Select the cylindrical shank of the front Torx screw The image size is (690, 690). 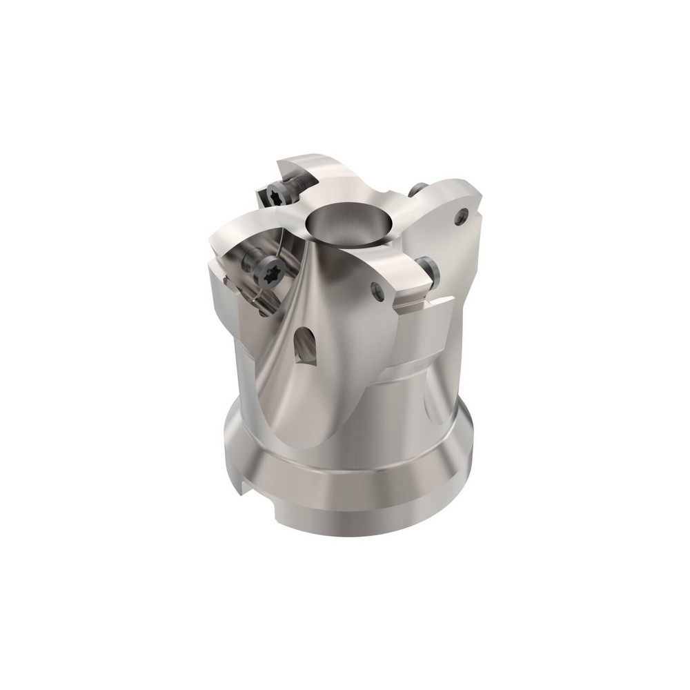click(x=252, y=261)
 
